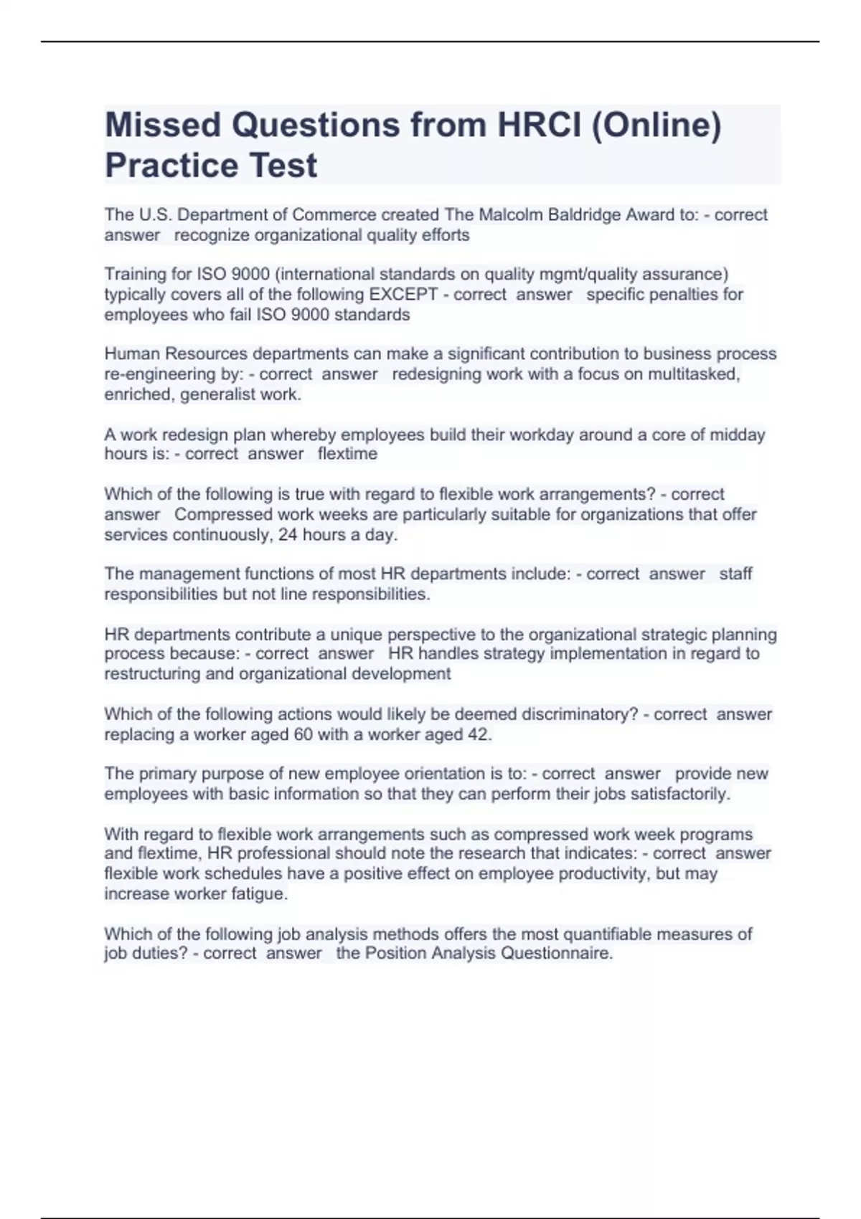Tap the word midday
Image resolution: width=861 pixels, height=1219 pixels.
coord(739,435)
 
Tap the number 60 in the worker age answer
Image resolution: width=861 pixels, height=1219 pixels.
coord(302,734)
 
